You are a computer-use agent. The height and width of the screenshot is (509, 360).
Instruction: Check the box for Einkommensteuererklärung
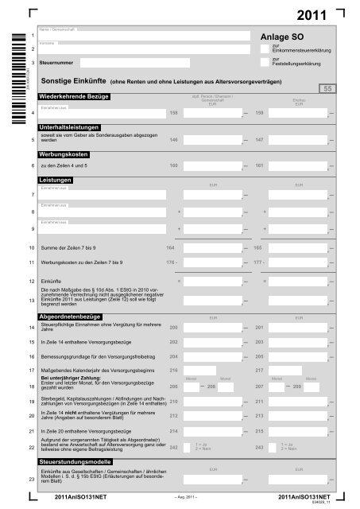(265, 48)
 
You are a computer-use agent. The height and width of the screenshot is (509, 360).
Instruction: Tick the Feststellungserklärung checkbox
(265, 61)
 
